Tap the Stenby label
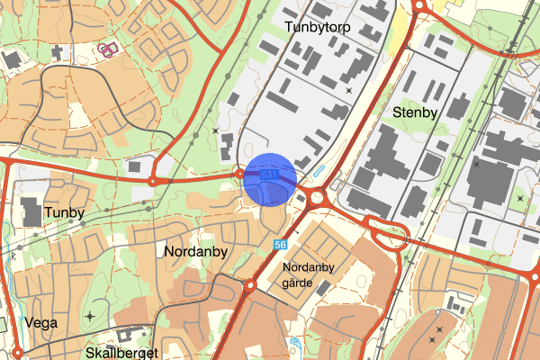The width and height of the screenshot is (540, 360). [x=415, y=112]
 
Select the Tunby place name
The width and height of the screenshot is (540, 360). [x=63, y=213]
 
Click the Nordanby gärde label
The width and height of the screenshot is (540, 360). [x=309, y=274]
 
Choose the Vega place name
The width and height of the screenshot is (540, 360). [x=41, y=321]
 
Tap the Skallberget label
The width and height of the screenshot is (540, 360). [x=122, y=353]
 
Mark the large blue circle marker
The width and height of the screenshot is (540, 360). [x=269, y=179]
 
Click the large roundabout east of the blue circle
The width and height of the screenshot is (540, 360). [x=316, y=195]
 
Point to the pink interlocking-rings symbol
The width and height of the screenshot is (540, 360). [x=109, y=49]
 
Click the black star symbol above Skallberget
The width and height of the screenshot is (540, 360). [x=90, y=316]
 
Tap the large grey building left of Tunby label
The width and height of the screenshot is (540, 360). [x=32, y=211]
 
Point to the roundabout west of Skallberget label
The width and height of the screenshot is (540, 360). [x=16, y=352]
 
